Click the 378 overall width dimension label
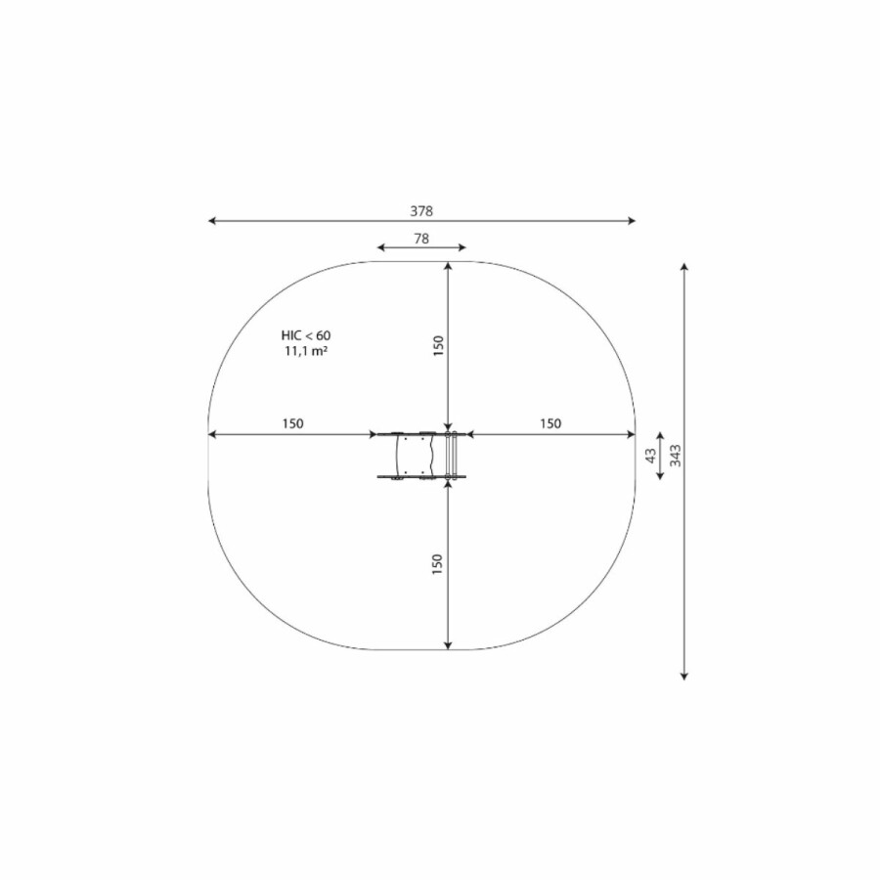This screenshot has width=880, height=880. point(421,211)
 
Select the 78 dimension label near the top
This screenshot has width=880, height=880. point(421,239)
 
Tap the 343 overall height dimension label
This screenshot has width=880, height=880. point(676,455)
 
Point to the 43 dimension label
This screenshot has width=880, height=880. point(651,455)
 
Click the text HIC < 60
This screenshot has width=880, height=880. point(306,335)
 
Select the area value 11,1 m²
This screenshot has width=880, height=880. point(306,352)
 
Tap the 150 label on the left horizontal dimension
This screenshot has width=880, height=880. point(292,423)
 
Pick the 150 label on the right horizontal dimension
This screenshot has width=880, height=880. point(550,423)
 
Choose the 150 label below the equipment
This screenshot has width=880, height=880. point(437,564)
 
